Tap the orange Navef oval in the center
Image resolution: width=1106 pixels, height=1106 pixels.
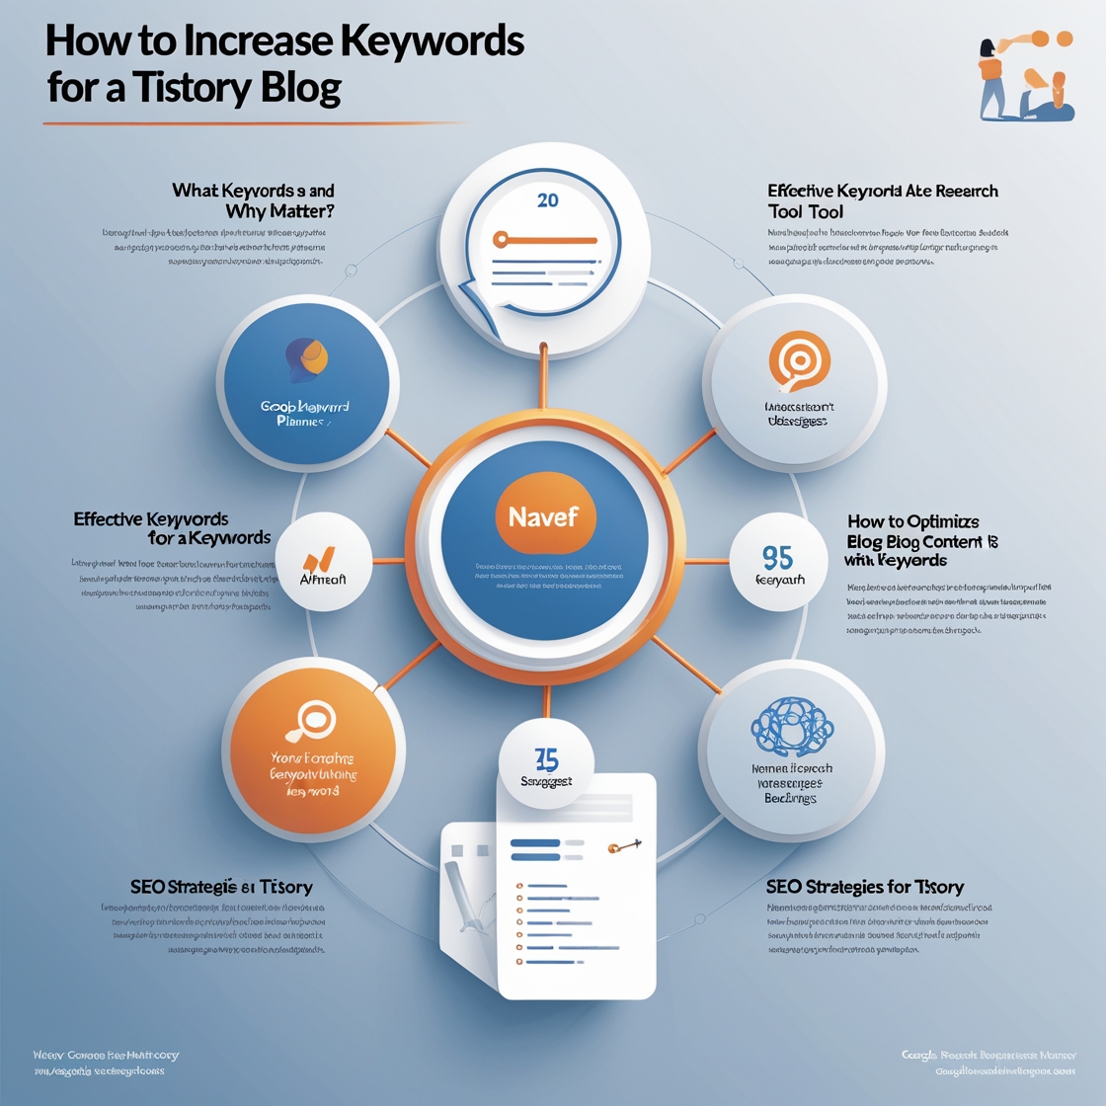pos(543,516)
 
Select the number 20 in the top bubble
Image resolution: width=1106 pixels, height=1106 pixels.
pos(547,200)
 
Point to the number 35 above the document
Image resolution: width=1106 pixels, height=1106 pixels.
pos(546,759)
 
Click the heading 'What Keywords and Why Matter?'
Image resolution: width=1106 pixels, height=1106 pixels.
pos(253,200)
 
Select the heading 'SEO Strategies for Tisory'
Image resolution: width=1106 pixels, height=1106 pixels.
pos(864,887)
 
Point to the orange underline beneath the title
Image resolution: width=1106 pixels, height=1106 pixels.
pos(252,123)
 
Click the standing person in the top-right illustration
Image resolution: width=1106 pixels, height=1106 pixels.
pos(990,77)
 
